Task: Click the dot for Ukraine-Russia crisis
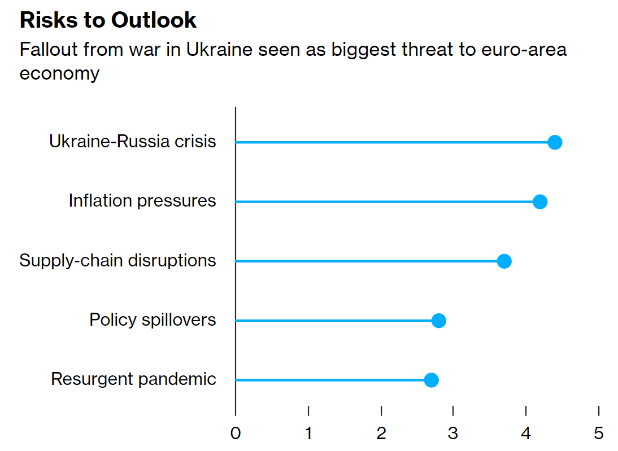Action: (x=555, y=142)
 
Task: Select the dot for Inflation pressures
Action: (x=540, y=202)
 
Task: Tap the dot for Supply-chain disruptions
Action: (x=504, y=261)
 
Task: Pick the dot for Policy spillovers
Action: (x=438, y=321)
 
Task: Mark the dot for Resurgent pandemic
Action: (x=431, y=380)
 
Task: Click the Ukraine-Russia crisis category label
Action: (x=133, y=141)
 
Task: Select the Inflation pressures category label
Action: (x=142, y=200)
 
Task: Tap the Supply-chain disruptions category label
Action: (x=117, y=260)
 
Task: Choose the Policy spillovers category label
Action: (x=153, y=319)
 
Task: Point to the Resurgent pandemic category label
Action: (x=133, y=379)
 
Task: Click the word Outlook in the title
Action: (x=154, y=20)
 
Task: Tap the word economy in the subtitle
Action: (x=59, y=73)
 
